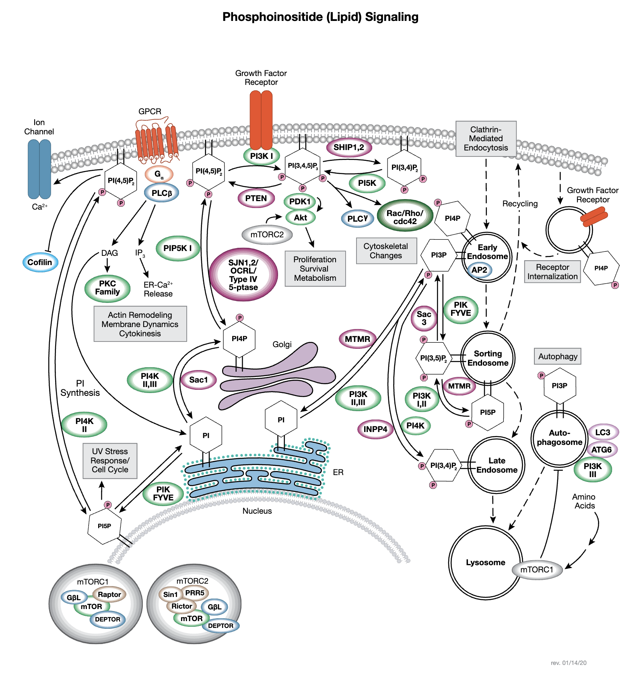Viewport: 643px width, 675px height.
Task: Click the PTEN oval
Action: pyautogui.click(x=256, y=198)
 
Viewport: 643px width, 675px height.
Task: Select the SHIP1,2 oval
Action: pyautogui.click(x=348, y=148)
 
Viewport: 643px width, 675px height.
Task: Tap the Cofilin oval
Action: pyautogui.click(x=40, y=262)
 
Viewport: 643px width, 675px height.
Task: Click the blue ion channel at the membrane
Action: pyautogui.click(x=39, y=169)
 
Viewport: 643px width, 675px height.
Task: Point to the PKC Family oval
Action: pyautogui.click(x=107, y=288)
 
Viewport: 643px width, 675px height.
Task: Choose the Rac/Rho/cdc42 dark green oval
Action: pyautogui.click(x=405, y=217)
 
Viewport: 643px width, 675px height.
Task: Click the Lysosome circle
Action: pyautogui.click(x=485, y=562)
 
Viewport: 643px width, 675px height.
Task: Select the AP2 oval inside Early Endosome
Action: pyautogui.click(x=479, y=270)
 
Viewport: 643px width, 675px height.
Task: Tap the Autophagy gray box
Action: pyautogui.click(x=557, y=356)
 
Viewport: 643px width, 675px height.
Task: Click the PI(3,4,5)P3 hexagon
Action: pyautogui.click(x=303, y=166)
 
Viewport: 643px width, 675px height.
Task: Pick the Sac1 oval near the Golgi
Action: pyautogui.click(x=198, y=380)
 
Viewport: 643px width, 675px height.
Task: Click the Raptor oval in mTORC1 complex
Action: pyautogui.click(x=109, y=595)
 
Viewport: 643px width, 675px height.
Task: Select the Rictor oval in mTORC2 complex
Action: pyautogui.click(x=181, y=606)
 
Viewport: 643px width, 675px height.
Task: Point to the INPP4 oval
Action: pyautogui.click(x=375, y=429)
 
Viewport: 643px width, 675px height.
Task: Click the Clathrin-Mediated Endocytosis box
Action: pyautogui.click(x=486, y=139)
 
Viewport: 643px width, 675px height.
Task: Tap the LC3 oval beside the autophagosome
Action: pyautogui.click(x=602, y=432)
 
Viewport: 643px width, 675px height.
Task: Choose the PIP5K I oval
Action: pyautogui.click(x=177, y=248)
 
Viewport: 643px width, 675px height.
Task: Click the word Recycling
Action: pyautogui.click(x=520, y=204)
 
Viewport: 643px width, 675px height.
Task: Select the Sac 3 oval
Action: pyautogui.click(x=424, y=318)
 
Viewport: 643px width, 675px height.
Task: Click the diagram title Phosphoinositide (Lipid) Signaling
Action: pyautogui.click(x=320, y=17)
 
